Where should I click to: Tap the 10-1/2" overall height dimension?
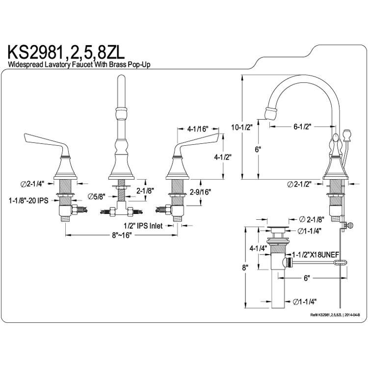tap(241, 128)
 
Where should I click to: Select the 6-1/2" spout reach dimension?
tap(302, 127)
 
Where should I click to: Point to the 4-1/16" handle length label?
tap(198, 129)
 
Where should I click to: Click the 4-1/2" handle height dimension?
tap(223, 157)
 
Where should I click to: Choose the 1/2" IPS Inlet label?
tap(143, 226)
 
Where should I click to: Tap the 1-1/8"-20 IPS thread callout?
tap(28, 200)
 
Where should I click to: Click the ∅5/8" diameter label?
tap(96, 196)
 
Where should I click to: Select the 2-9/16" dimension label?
tap(200, 192)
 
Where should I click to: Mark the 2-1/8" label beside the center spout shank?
tap(145, 190)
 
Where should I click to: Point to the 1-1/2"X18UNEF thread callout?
tap(315, 255)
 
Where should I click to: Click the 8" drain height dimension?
tap(245, 267)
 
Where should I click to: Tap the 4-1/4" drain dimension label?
tap(258, 248)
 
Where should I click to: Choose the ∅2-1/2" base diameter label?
tap(299, 184)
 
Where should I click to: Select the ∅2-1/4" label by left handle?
tap(32, 184)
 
